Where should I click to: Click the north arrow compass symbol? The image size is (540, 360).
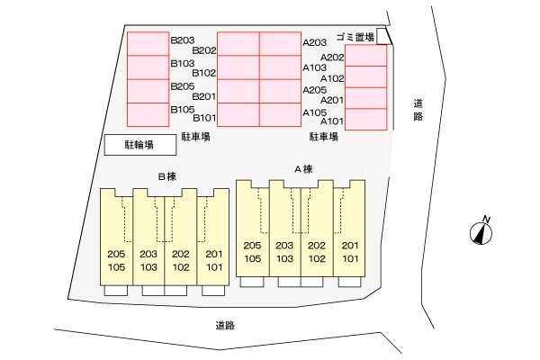[480, 233]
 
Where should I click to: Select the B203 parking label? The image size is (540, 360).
[183, 40]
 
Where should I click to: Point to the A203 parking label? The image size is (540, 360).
[314, 41]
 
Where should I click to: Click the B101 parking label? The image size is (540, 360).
[204, 118]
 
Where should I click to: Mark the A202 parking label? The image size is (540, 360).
[332, 58]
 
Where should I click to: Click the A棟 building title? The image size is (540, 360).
[301, 168]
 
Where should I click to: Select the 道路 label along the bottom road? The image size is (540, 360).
[225, 326]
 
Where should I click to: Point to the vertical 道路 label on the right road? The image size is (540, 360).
[418, 110]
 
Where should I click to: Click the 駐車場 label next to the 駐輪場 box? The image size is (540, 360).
[194, 137]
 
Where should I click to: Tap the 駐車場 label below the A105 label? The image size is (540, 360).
[323, 137]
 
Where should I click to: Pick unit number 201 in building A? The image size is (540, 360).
[349, 246]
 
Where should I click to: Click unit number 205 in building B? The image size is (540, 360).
[116, 255]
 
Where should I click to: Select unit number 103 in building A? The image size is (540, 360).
[284, 258]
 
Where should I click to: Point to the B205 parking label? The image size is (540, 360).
[183, 86]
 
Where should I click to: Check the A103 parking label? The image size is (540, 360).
[314, 67]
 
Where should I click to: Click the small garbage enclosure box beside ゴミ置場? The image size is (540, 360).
[383, 36]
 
